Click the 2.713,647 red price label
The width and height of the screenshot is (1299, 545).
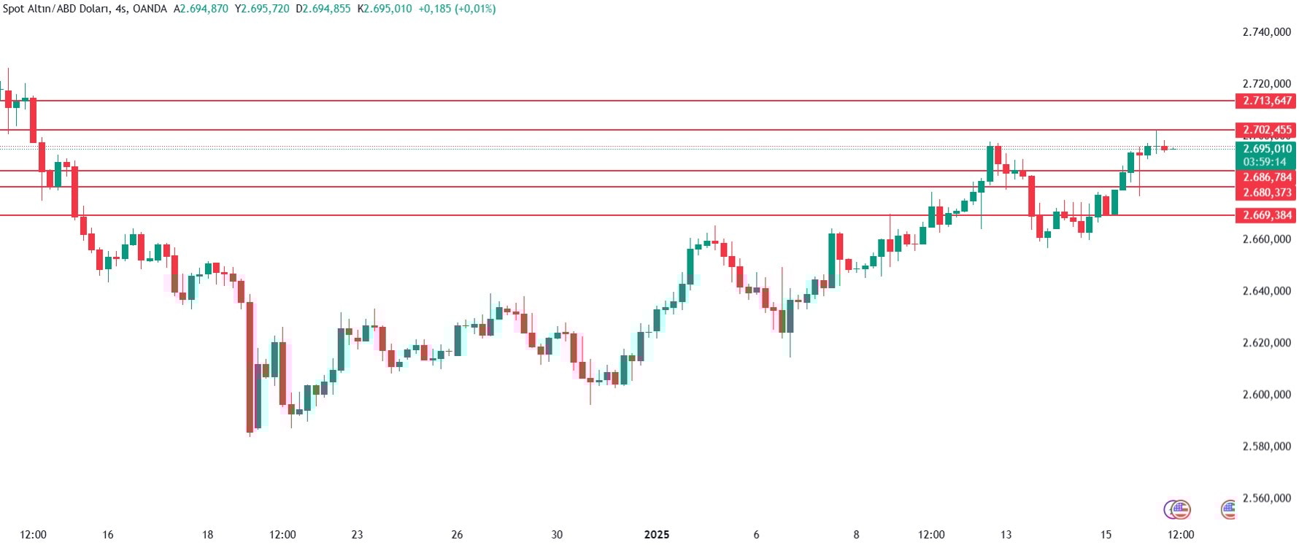coord(1266,101)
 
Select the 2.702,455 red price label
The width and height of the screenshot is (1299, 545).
coord(1266,130)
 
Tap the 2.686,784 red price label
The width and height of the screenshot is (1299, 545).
coord(1266,177)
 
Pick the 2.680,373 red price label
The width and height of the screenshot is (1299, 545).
coord(1266,193)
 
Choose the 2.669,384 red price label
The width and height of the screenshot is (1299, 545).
coord(1266,215)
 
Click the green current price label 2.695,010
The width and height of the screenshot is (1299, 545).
coord(1266,149)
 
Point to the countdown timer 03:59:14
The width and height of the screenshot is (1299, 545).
coord(1265,162)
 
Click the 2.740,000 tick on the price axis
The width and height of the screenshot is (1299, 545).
coord(1266,32)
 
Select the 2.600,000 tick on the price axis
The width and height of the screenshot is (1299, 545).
coord(1266,395)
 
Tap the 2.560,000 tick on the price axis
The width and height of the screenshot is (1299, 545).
coord(1266,498)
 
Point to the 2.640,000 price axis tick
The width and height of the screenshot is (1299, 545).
coord(1266,291)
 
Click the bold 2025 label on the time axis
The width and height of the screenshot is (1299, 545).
coord(657,535)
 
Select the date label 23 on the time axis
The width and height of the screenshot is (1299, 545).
coord(357,535)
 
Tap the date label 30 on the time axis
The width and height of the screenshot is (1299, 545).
coord(557,535)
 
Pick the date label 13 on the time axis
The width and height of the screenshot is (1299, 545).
coord(1006,535)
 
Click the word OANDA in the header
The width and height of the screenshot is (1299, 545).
coord(150,9)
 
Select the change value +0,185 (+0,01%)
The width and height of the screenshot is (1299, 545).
coord(457,9)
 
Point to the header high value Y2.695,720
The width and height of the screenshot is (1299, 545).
coord(262,9)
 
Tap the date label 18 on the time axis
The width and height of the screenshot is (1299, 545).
coord(207,535)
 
